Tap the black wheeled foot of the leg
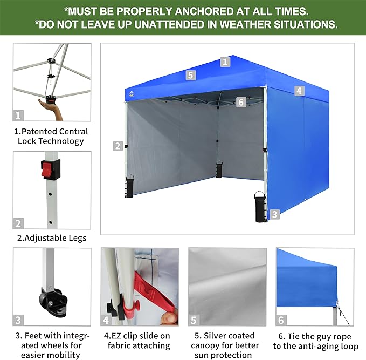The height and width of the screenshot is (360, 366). click(x=53, y=302)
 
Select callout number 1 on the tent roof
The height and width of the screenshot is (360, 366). click(x=225, y=62)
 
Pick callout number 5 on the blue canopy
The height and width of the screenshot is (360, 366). click(x=191, y=75)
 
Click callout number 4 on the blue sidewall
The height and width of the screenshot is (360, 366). click(x=299, y=91)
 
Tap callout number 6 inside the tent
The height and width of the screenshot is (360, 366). click(x=241, y=102)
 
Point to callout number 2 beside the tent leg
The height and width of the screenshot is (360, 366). click(x=118, y=146)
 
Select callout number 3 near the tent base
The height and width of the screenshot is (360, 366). click(x=274, y=214)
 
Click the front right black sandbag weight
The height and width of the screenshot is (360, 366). click(x=260, y=207)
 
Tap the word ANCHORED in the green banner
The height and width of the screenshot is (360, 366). click(x=204, y=11)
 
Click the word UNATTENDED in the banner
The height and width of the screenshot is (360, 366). click(x=169, y=24)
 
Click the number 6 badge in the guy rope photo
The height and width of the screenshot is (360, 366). click(x=281, y=320)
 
